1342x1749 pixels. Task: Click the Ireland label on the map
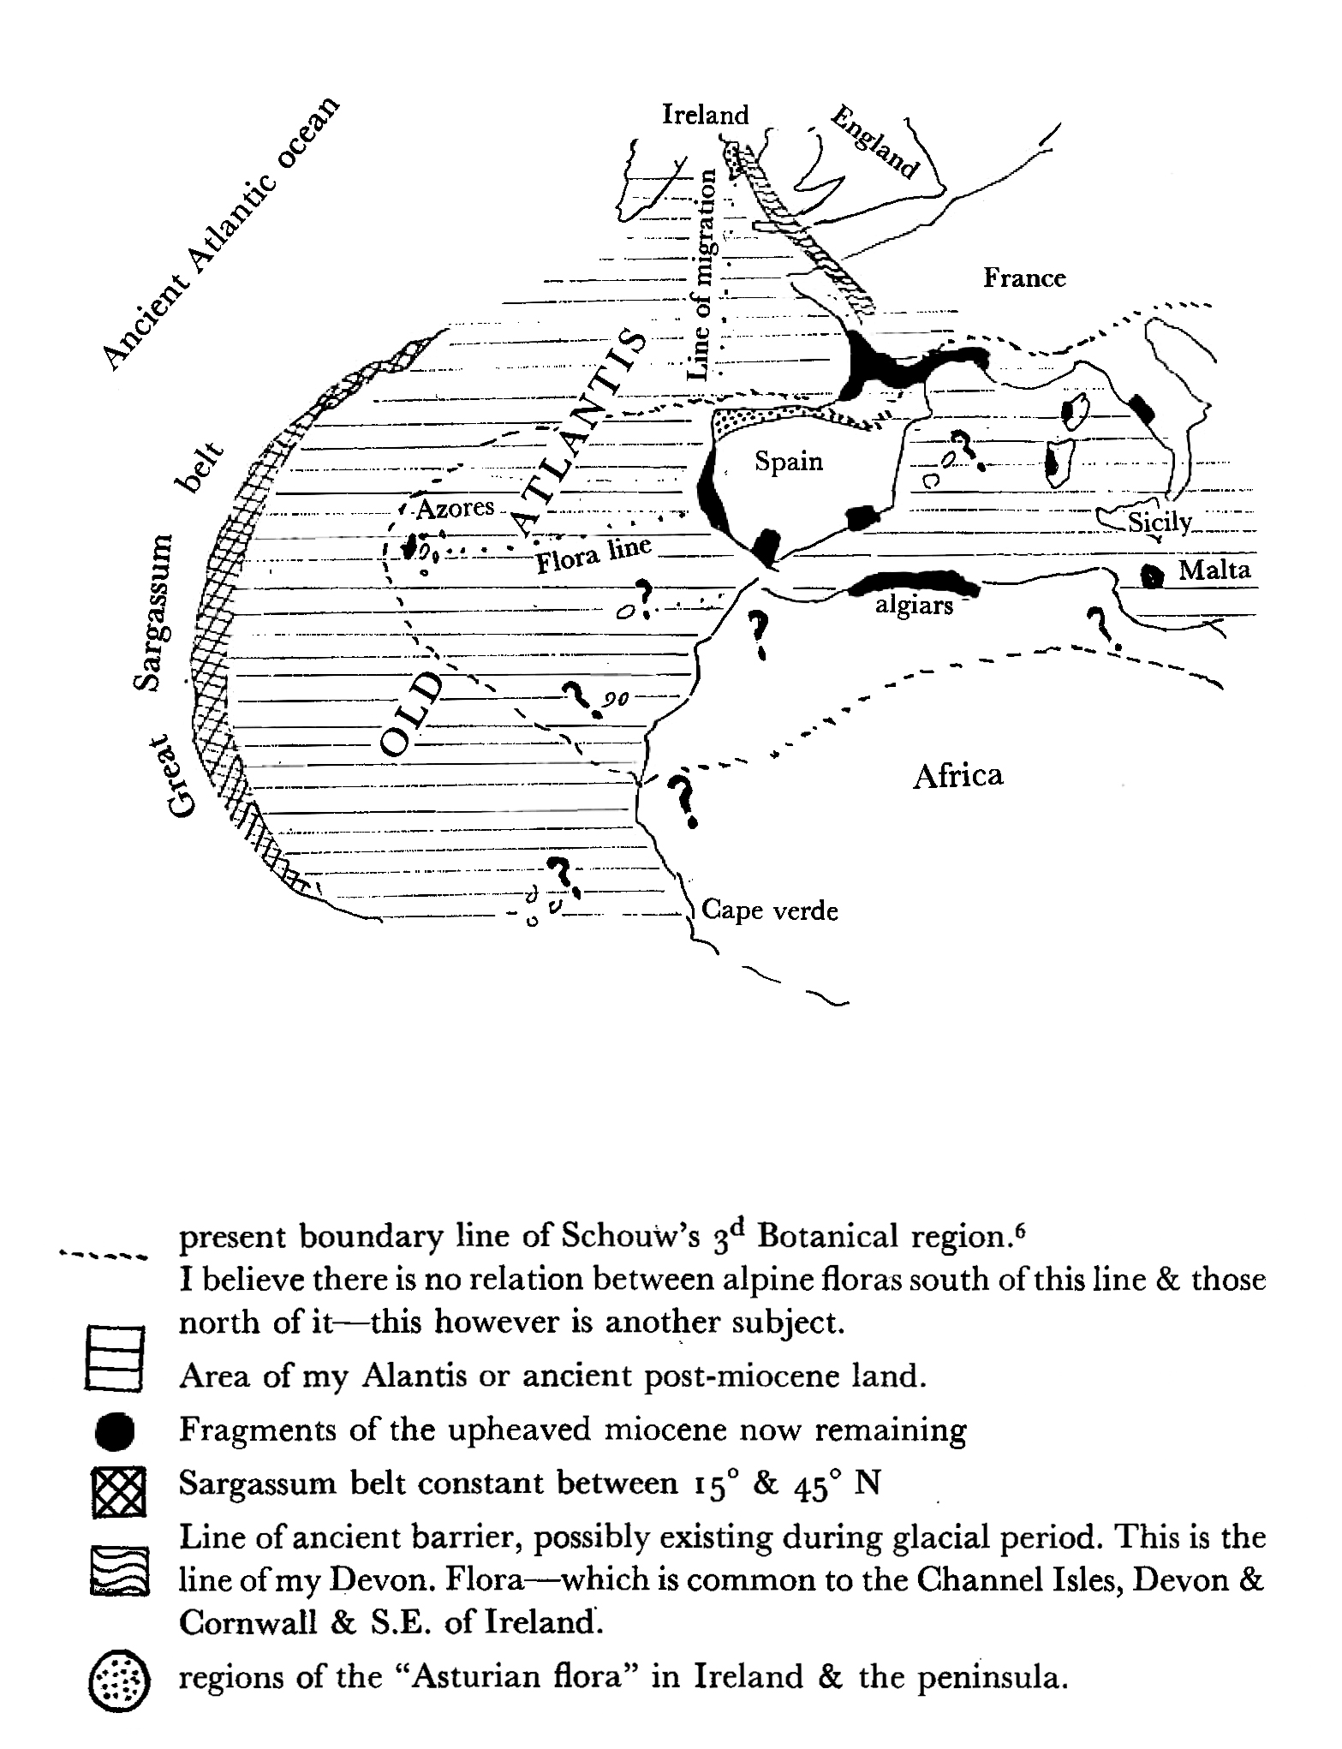[x=705, y=115]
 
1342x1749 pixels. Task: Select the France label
[x=1023, y=278]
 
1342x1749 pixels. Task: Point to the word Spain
[x=788, y=462]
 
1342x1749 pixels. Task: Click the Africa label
[x=957, y=775]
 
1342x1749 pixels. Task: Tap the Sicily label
[x=1160, y=522]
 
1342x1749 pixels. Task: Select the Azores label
[x=456, y=508]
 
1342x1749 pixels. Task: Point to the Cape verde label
[x=769, y=910]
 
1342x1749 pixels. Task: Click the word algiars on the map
[x=914, y=606]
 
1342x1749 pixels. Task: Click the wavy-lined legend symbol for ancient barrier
[x=118, y=1571]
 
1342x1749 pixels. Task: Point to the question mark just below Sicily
[x=1099, y=625]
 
